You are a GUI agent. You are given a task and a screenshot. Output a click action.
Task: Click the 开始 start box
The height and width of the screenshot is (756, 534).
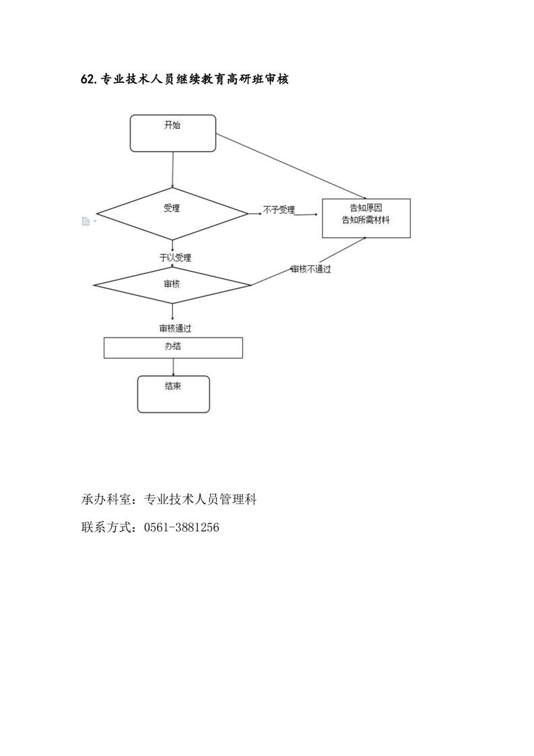pyautogui.click(x=172, y=133)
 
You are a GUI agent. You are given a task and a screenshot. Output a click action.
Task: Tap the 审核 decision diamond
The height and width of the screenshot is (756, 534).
pyautogui.click(x=172, y=284)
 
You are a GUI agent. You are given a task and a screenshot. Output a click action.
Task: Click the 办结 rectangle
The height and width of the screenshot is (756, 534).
pyautogui.click(x=172, y=348)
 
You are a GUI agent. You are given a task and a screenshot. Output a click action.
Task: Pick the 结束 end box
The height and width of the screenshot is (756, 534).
pyautogui.click(x=173, y=393)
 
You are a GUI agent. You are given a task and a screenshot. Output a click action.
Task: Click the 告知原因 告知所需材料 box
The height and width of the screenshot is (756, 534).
pyautogui.click(x=366, y=218)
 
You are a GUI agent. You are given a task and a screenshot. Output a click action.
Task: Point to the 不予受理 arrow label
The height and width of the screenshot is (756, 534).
pyautogui.click(x=279, y=210)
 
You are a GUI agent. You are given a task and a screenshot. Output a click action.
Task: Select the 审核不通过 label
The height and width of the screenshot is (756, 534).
pyautogui.click(x=310, y=269)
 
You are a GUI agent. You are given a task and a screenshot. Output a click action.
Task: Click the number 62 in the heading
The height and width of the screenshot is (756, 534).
pyautogui.click(x=87, y=80)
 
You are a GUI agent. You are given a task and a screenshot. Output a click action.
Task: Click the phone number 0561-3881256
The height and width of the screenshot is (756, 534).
pyautogui.click(x=182, y=528)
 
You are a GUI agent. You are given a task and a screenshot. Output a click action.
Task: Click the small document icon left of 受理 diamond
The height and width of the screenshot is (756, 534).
pyautogui.click(x=86, y=221)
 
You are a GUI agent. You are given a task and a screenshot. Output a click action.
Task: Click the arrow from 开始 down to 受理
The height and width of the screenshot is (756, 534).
pyautogui.click(x=173, y=169)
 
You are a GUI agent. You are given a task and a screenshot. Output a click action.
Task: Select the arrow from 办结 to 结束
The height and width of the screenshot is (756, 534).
pyautogui.click(x=174, y=367)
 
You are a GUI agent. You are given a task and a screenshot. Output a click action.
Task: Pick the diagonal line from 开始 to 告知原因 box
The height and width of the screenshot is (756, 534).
pyautogui.click(x=290, y=164)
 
